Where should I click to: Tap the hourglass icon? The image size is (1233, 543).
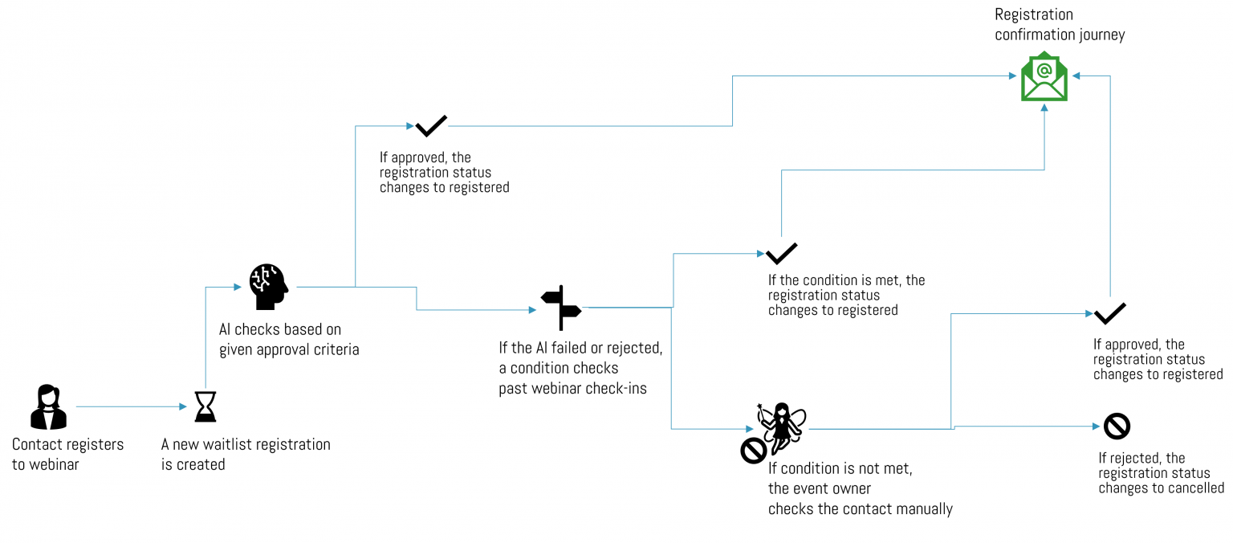pos(205,406)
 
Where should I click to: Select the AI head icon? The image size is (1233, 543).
pos(268,287)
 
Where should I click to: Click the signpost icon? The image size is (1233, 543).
pos(561,307)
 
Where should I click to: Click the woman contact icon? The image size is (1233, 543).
pos(48,407)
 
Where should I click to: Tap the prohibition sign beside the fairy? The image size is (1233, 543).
pos(754,451)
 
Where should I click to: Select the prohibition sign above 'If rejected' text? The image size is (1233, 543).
pos(1117,426)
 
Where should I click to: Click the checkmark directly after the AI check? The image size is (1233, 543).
pos(431,126)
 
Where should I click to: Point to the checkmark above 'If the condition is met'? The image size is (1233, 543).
pos(781,254)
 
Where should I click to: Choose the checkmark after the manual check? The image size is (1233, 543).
pos(1109,313)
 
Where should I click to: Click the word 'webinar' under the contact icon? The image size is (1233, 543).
pos(54,464)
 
